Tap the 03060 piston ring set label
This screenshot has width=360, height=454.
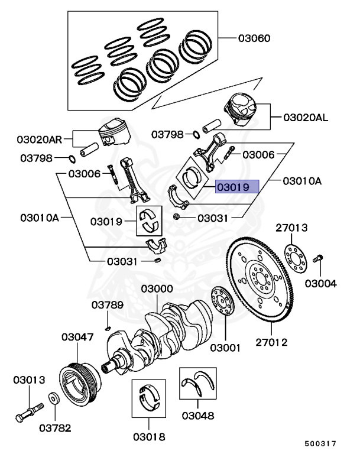(254, 39)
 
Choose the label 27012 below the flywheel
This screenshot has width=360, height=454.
(271, 342)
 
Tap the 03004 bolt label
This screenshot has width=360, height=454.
(320, 284)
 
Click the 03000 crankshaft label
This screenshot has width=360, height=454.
(157, 289)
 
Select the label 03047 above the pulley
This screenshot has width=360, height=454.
(77, 337)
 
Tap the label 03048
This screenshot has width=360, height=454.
(198, 416)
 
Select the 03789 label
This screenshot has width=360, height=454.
(107, 305)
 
